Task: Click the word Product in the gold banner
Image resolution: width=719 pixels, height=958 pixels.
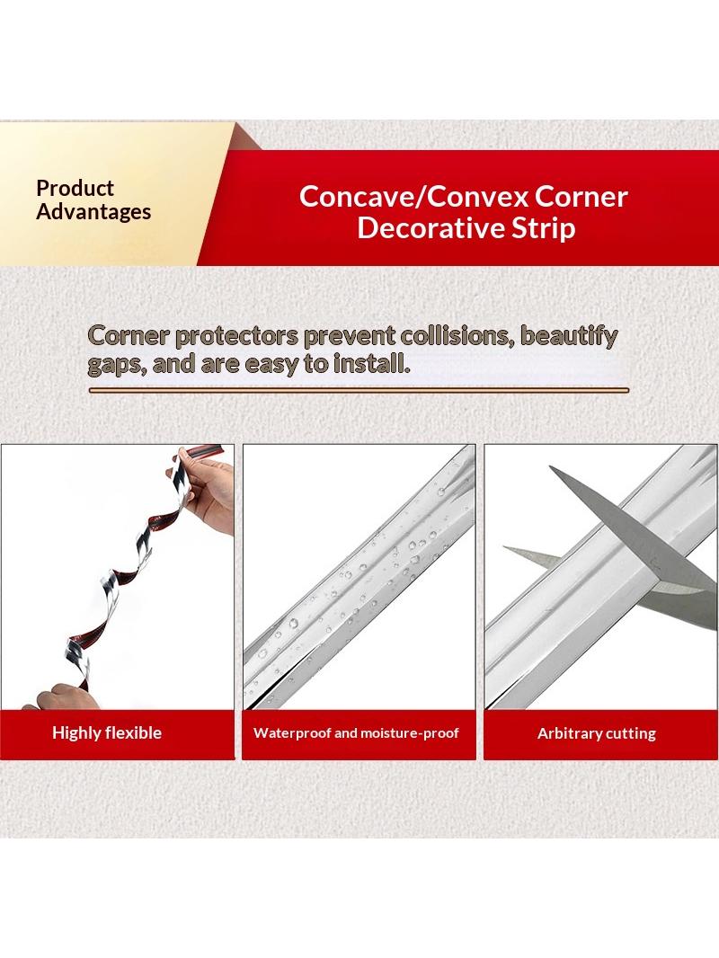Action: pyautogui.click(x=75, y=188)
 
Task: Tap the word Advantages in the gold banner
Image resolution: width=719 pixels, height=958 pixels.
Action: pyautogui.click(x=93, y=211)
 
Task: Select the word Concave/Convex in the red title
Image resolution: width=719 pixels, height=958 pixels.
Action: pyautogui.click(x=412, y=197)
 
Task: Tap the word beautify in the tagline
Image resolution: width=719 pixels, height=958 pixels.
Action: pyautogui.click(x=568, y=336)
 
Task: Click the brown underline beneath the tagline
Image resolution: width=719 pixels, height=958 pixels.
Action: pyautogui.click(x=359, y=390)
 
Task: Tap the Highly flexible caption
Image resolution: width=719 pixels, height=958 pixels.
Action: pyautogui.click(x=107, y=732)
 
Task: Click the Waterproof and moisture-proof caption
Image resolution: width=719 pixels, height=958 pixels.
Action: pyautogui.click(x=356, y=732)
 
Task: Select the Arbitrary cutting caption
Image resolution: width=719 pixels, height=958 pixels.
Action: pyautogui.click(x=596, y=733)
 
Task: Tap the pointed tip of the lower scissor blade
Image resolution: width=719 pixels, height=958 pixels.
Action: pyautogui.click(x=503, y=547)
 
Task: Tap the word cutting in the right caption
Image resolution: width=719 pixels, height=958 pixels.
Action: pyautogui.click(x=628, y=733)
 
